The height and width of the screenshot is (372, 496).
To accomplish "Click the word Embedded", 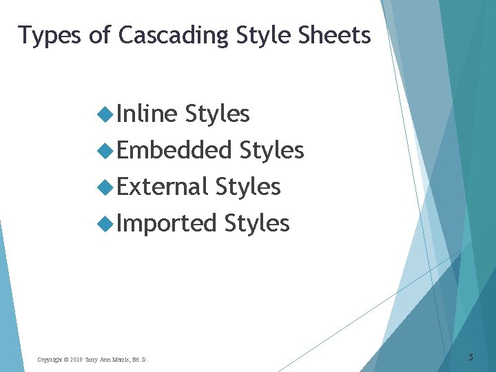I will tap(174, 150).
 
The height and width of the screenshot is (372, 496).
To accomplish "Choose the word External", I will tap(163, 187).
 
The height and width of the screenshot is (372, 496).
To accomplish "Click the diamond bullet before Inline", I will tap(105, 114).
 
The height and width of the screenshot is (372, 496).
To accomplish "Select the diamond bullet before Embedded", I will tap(105, 151).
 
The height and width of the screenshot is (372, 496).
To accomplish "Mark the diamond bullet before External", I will tap(105, 187).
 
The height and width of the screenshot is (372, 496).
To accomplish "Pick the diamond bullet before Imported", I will tap(105, 224).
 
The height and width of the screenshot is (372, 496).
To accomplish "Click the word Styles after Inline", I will tap(218, 114).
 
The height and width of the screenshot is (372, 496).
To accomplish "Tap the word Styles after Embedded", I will tap(272, 150).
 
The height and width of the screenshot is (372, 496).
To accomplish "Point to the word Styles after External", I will tap(248, 187).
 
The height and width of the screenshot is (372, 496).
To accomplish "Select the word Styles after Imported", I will tap(257, 223).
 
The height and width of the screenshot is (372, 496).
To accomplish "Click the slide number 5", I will tap(471, 358).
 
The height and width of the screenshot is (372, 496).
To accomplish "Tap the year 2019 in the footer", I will tap(76, 360).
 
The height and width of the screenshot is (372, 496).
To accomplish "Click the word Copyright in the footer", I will tap(49, 360).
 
